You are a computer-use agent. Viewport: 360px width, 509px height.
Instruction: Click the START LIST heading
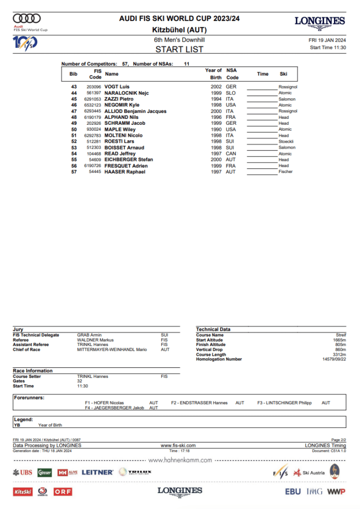[180, 49]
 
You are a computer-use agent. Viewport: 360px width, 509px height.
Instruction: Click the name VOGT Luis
[117, 87]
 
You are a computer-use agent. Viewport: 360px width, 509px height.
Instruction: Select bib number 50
[74, 129]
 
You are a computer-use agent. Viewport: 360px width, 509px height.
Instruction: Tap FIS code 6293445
[93, 111]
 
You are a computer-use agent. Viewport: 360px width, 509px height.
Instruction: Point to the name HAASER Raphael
[125, 171]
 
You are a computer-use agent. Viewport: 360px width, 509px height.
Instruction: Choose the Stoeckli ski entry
[286, 142]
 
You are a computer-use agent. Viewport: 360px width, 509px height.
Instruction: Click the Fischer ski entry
[285, 171]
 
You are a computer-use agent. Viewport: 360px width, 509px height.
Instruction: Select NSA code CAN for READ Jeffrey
[231, 154]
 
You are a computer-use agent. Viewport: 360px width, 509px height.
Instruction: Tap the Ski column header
[283, 74]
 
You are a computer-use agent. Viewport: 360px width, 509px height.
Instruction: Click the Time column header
[263, 74]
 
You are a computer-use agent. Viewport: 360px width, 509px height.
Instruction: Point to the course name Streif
[341, 335]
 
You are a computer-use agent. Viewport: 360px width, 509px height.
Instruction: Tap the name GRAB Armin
[90, 335]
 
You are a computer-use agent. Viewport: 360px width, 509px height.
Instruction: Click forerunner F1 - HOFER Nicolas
[104, 403]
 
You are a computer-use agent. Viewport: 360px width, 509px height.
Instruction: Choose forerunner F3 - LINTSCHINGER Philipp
[284, 403]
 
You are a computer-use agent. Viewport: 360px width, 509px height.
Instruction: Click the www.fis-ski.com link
[178, 445]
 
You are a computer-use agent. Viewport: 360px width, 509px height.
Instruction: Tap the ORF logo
[63, 492]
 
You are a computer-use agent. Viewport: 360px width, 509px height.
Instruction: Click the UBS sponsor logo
[23, 472]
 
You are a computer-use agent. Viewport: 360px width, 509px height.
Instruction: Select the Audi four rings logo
[27, 19]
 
